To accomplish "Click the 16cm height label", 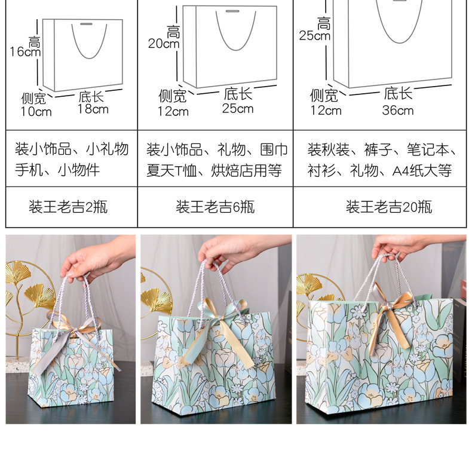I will pyautogui.click(x=25, y=51).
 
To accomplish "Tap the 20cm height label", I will pyautogui.click(x=164, y=44).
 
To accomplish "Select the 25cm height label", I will pyautogui.click(x=315, y=36).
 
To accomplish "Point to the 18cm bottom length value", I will pyautogui.click(x=93, y=109).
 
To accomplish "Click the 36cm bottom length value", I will pyautogui.click(x=398, y=110).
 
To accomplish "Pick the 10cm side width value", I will pyautogui.click(x=36, y=112).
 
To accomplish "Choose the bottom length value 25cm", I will pyautogui.click(x=238, y=108).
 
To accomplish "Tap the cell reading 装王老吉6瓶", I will pyautogui.click(x=215, y=207).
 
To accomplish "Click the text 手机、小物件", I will pyautogui.click(x=57, y=170).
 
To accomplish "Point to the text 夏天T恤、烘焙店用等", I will pyautogui.click(x=214, y=170).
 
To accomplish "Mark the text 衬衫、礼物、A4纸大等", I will pyautogui.click(x=379, y=170).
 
